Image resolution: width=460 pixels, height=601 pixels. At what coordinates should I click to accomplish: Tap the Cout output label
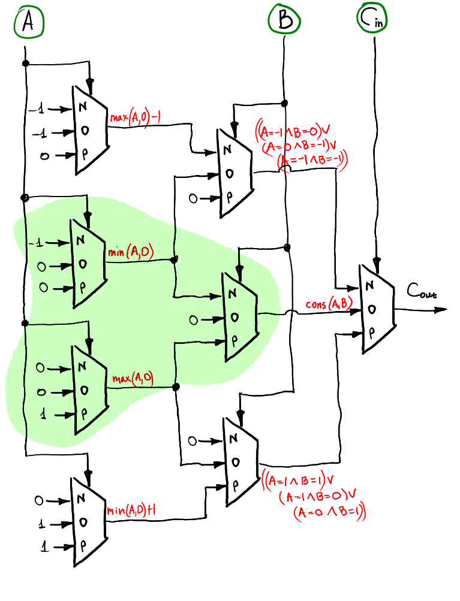pos(422,292)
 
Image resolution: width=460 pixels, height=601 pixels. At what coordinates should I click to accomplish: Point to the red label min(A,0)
pos(130,252)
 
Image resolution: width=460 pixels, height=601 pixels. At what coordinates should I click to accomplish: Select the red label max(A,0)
pos(132,378)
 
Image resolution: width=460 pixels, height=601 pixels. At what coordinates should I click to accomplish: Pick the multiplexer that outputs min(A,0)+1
pos(88,522)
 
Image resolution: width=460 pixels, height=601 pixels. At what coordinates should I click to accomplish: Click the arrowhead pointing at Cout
pos(441,309)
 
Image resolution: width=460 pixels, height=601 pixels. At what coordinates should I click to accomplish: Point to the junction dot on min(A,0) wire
pos(175,259)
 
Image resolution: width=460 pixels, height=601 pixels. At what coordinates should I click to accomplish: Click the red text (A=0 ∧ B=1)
pos(329,512)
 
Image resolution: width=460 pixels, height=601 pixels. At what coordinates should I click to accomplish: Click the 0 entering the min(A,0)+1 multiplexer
pos(40,499)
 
